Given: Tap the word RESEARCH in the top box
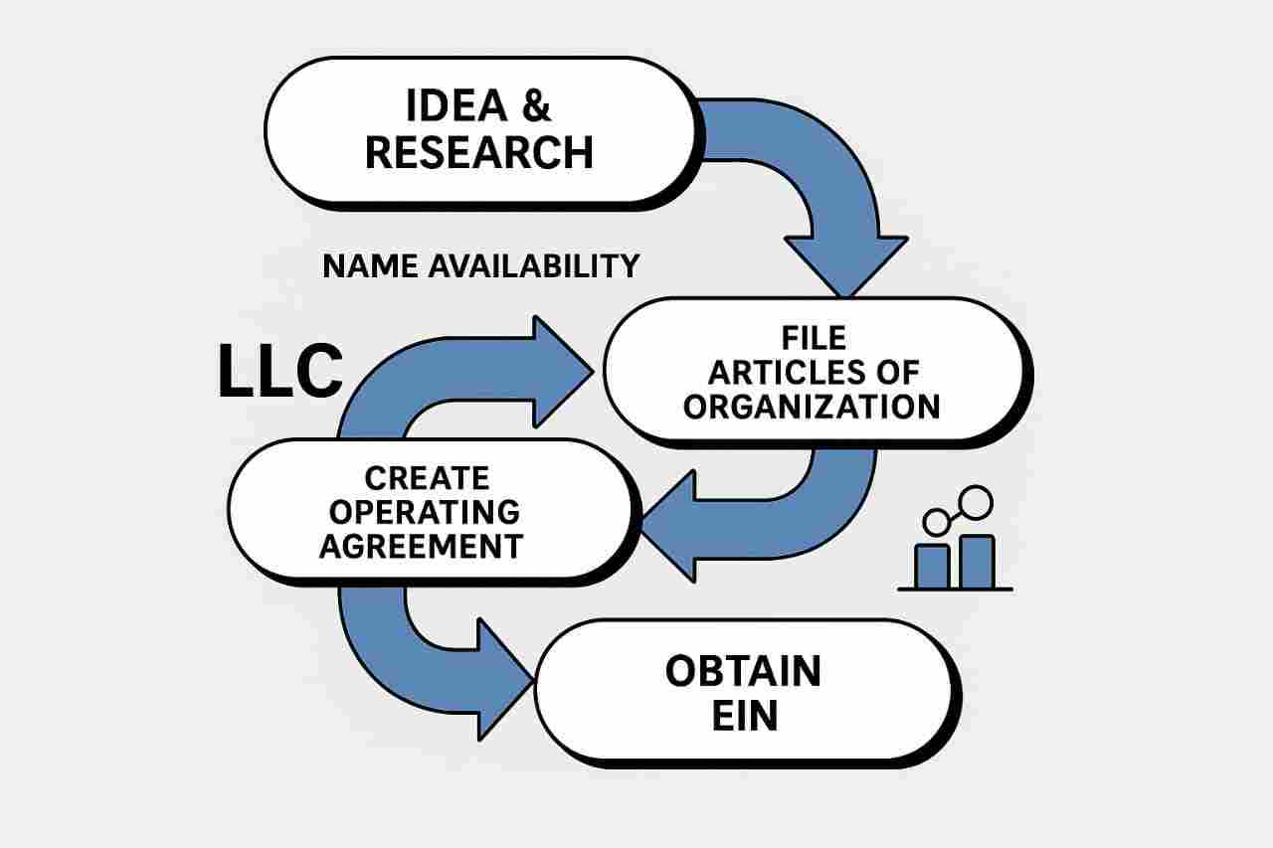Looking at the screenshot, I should tap(479, 152).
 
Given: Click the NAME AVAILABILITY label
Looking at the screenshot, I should tap(481, 266).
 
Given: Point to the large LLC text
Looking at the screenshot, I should tap(280, 372).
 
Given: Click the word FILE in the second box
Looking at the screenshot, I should tap(813, 338).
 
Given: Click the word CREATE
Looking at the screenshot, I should tap(427, 478).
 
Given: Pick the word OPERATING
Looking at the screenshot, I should tap(425, 512).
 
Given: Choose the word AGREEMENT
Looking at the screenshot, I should tap(421, 546).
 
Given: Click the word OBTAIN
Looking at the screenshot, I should tap(744, 672).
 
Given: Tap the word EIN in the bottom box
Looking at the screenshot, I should tap(744, 717).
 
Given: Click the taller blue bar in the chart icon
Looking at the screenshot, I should tap(977, 562).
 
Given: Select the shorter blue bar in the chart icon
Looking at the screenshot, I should tap(932, 566).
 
